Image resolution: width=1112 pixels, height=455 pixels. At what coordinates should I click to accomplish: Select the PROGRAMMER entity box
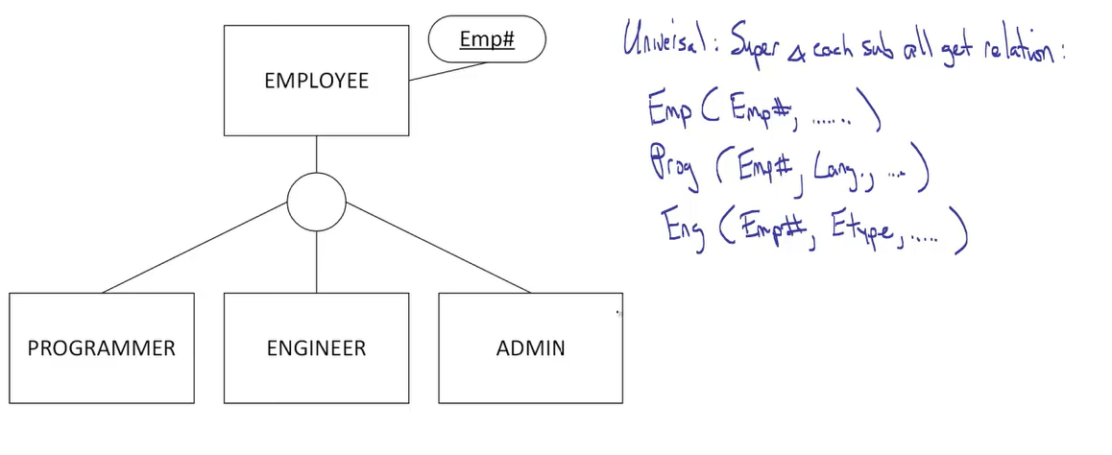click(102, 347)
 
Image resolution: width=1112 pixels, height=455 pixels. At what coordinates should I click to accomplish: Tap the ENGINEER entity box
click(316, 347)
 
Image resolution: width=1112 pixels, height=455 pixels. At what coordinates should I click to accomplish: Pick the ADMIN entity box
click(530, 347)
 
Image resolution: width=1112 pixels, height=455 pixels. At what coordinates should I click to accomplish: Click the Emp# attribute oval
click(486, 40)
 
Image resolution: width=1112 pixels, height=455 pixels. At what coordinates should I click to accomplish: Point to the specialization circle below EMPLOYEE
click(316, 203)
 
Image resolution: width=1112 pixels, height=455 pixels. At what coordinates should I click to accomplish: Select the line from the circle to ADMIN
click(437, 247)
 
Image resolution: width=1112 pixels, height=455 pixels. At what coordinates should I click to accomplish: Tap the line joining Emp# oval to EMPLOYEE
click(447, 72)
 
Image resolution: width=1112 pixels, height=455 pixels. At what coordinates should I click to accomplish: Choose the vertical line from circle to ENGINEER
click(316, 261)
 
